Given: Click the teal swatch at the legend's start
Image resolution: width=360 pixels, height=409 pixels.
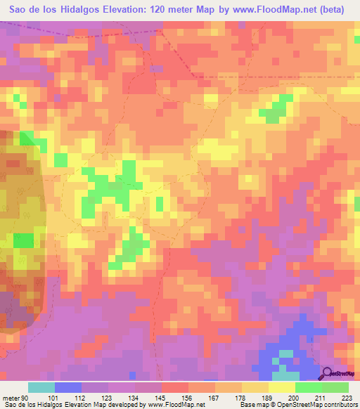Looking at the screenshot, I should (41, 387).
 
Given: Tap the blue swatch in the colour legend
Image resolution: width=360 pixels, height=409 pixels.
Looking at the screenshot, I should (67, 387).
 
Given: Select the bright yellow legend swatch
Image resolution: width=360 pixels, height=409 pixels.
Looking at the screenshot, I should (282, 387).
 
